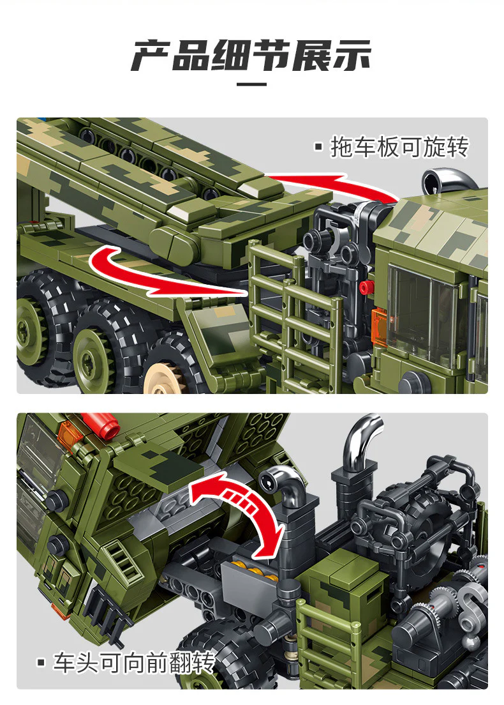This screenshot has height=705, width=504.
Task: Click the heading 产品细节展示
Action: pos(251,56)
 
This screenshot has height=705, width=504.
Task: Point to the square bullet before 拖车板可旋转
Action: pos(319,148)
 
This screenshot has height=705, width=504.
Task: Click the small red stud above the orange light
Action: pos(365,287)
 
